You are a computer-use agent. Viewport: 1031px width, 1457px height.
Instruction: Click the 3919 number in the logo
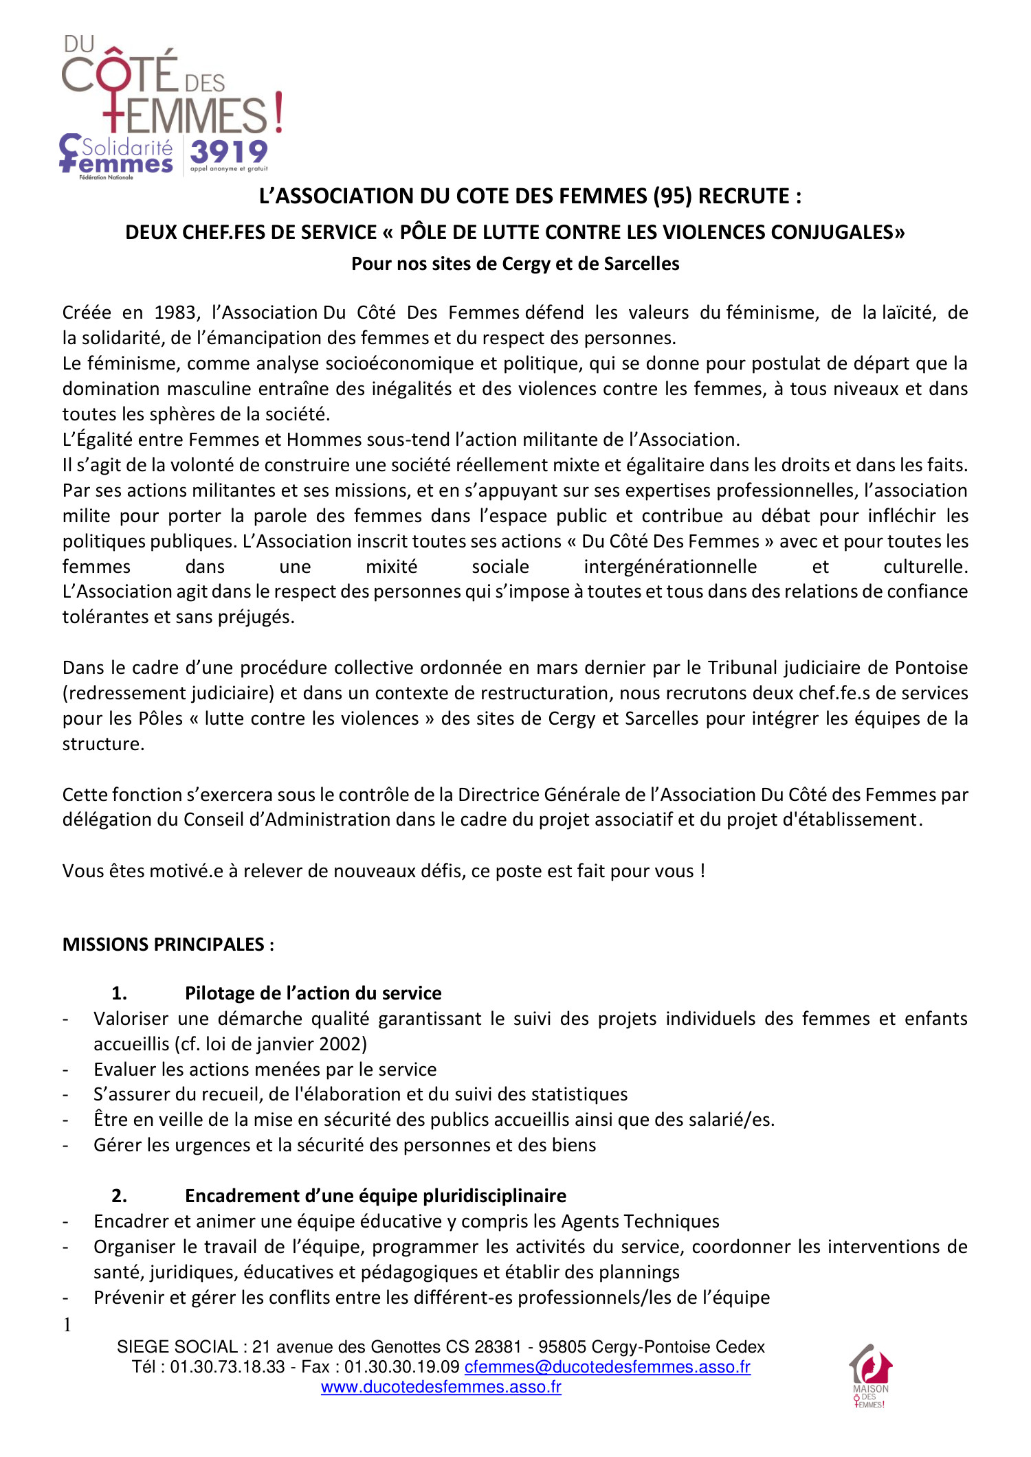click(228, 151)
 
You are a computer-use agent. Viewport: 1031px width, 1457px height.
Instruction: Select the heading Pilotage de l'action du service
click(313, 993)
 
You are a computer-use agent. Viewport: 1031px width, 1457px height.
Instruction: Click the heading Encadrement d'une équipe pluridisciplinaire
click(375, 1196)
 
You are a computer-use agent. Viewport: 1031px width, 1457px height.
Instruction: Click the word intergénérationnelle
click(670, 567)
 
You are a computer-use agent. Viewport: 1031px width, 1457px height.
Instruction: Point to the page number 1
click(67, 1325)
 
